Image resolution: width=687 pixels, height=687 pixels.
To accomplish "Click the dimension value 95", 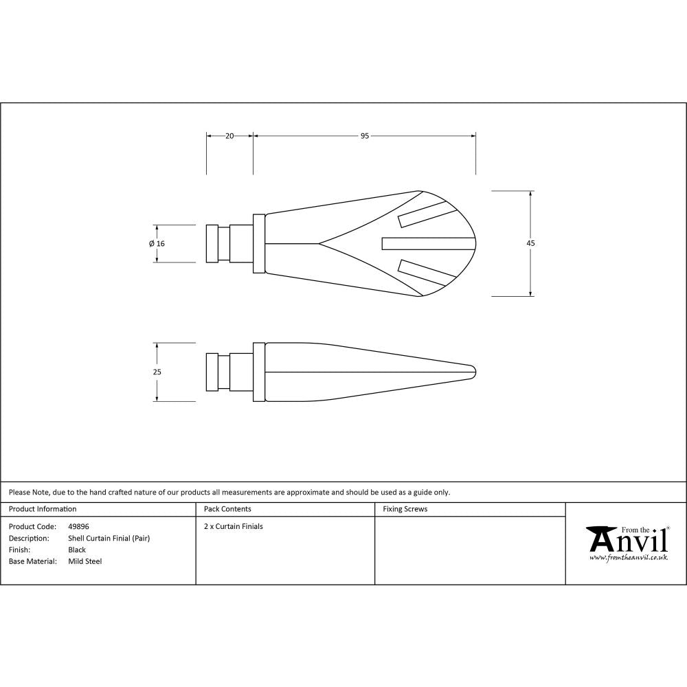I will coord(365,136).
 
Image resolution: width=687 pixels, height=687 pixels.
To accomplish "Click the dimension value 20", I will coord(229,136).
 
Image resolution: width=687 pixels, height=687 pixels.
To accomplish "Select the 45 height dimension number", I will coord(531,243).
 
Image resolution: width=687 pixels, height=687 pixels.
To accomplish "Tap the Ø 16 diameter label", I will coord(157,243).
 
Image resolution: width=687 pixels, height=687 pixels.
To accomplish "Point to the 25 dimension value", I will coord(157,372).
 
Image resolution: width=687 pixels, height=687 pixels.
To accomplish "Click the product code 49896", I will coord(78,526).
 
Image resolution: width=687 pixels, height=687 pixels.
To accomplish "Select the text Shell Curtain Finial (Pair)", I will coord(109,538).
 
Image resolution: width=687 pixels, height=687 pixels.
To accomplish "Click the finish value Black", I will coord(77,550).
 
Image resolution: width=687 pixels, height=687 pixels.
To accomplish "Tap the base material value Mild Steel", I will coord(85,561).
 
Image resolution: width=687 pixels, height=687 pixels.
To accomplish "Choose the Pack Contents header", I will coord(227,509).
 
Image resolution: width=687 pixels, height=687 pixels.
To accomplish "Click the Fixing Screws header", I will coord(405,509).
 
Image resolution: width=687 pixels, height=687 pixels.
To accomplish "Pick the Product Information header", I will coord(43,509).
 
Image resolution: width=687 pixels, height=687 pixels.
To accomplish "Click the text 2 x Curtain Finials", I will coord(234,526).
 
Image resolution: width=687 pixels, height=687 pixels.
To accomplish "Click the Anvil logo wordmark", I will coord(627,541).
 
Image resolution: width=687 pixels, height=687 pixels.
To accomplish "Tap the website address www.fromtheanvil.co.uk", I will coord(628,558).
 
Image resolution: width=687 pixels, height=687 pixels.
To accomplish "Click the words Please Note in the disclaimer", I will coord(29,492).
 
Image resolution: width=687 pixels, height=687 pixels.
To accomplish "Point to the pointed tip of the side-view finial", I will coord(475,372).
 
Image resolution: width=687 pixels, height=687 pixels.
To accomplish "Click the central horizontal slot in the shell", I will coord(428,243).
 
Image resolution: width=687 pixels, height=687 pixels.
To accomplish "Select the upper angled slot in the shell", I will coord(427,214).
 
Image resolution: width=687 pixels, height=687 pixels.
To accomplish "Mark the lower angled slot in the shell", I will coord(427,272).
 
